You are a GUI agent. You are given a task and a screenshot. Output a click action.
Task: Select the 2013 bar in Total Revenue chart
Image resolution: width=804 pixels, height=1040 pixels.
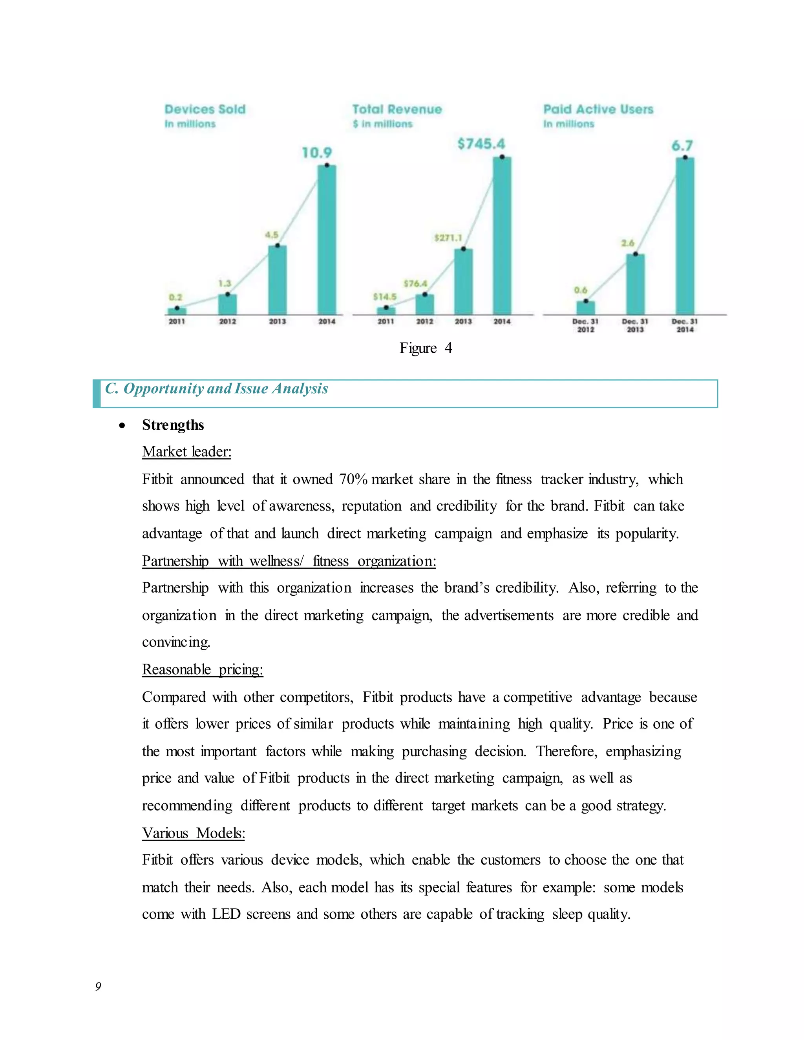(464, 281)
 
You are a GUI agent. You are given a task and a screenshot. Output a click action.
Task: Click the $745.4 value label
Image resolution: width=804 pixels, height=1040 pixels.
(481, 144)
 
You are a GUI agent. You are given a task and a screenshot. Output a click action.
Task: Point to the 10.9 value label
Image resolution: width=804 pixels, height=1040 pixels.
(317, 153)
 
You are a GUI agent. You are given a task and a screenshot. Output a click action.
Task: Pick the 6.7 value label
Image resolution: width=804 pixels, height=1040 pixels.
(682, 146)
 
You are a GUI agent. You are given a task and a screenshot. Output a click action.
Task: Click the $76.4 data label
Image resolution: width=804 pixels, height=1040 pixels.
(415, 284)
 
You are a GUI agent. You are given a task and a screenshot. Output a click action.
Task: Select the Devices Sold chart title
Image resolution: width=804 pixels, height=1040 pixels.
(205, 109)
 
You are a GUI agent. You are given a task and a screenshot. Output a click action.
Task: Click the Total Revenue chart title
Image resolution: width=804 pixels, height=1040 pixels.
(397, 109)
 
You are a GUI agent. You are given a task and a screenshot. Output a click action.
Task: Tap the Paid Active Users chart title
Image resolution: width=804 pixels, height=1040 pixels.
(598, 109)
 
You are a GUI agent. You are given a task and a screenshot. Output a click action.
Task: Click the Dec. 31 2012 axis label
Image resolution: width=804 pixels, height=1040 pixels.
(585, 326)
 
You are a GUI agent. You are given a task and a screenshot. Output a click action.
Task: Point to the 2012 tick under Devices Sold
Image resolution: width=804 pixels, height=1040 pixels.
(228, 322)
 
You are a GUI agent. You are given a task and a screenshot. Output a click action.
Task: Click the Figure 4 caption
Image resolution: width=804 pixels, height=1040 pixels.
(425, 348)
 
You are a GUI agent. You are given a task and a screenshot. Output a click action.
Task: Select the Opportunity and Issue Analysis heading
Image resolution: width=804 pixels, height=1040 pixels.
(216, 389)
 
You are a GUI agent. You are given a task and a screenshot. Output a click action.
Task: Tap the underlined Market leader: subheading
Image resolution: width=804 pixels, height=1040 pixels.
(187, 452)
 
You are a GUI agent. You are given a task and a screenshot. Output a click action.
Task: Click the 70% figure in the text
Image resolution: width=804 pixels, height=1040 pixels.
(353, 479)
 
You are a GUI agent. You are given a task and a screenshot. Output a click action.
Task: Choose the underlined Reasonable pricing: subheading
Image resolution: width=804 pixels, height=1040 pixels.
(203, 670)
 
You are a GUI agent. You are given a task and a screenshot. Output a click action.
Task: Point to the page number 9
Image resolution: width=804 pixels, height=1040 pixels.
(98, 986)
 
